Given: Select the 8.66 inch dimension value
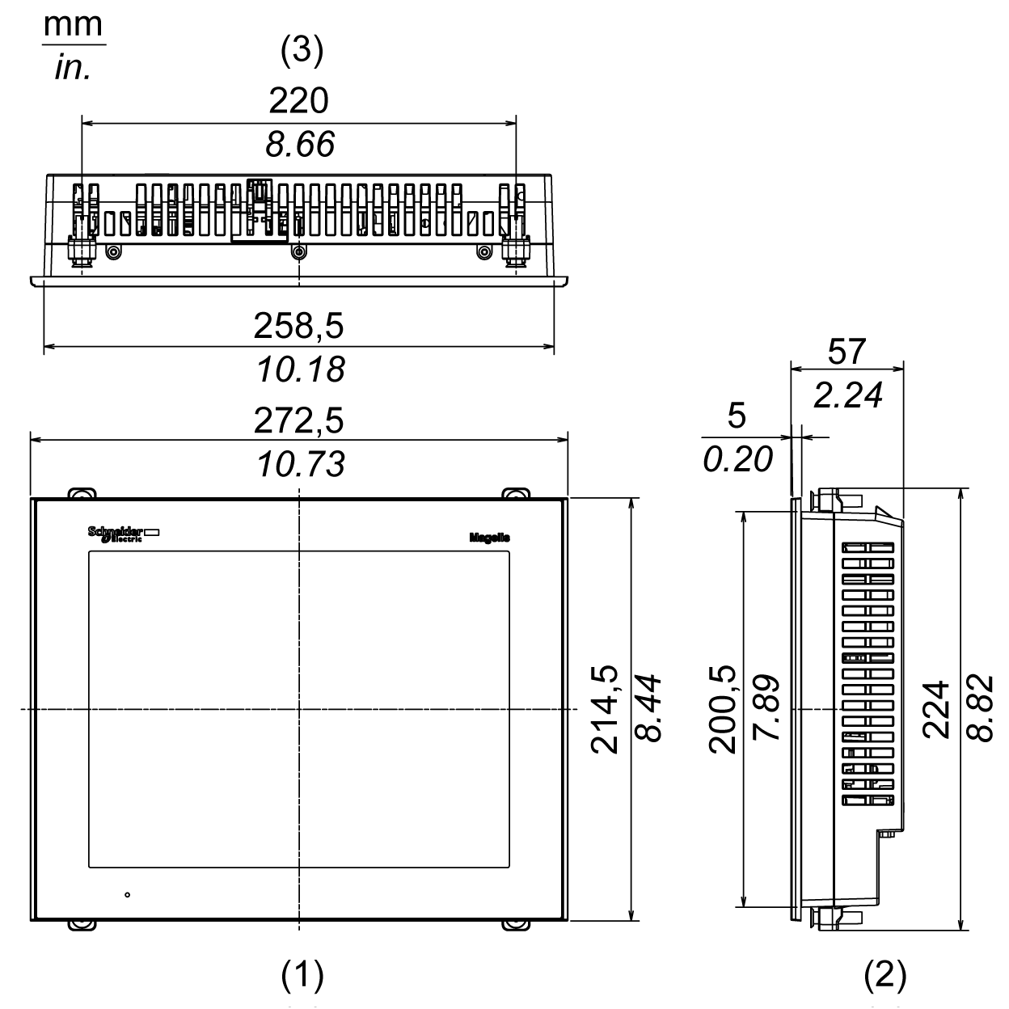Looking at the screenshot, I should pos(299,145).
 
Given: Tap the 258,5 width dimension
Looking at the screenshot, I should pos(299,325).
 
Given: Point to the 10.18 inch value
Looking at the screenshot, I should pos(300,369).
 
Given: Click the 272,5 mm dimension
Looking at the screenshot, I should pos(299,420).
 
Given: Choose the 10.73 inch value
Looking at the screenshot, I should pos(300,464).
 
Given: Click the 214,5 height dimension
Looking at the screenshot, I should pos(604,710).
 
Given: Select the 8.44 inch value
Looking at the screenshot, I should pos(648,710).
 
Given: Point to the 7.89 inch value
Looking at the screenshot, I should pos(765,710).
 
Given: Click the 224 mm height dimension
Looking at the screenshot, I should pos(935,710).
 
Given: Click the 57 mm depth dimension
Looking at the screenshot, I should pos(846,352).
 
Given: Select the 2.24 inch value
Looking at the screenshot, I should pos(847,395).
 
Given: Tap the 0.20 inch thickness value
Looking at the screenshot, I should pos(737,459).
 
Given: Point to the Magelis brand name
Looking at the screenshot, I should pos(489,538).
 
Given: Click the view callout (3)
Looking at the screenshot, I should pos(302,53).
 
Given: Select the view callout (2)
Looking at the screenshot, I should pos(886,976).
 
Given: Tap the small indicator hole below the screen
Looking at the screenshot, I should pos(128,895).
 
